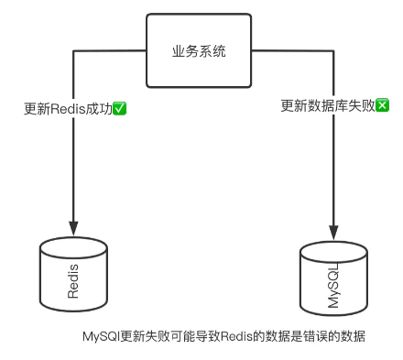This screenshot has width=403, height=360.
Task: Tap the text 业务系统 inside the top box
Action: pyautogui.click(x=198, y=51)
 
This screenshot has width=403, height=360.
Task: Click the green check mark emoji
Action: pyautogui.click(x=120, y=108)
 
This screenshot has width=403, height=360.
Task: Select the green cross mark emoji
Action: pyautogui.click(x=382, y=105)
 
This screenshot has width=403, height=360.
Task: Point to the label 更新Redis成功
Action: pyautogui.click(x=69, y=108)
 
